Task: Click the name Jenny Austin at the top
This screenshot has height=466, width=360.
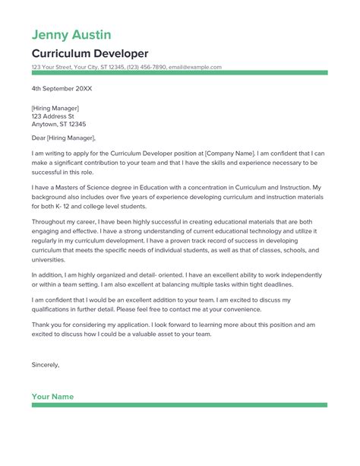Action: click(71, 34)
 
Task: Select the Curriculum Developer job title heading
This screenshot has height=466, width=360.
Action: click(90, 53)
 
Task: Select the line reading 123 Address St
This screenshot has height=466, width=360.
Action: click(52, 116)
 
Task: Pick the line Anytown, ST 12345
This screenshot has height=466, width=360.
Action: click(58, 124)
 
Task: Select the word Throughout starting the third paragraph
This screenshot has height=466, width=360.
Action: click(49, 223)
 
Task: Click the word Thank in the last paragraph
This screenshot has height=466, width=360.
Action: click(41, 325)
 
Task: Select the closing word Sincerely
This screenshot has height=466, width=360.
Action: click(45, 364)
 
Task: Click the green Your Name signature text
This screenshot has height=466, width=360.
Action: click(52, 396)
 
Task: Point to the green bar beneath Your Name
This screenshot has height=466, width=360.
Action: click(179, 405)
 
